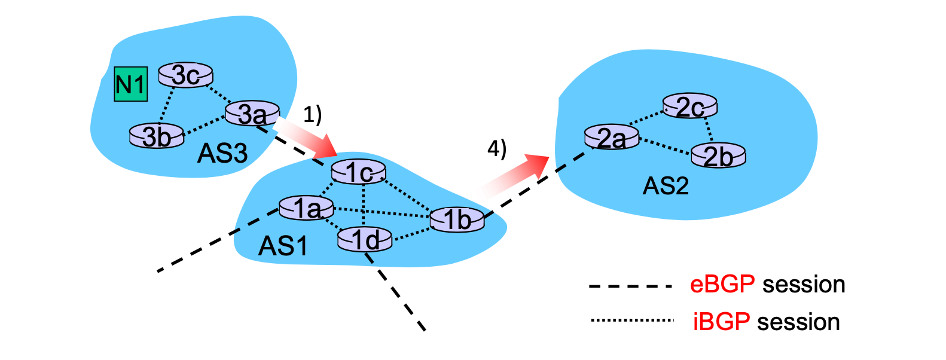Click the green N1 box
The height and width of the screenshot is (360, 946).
[x=130, y=84]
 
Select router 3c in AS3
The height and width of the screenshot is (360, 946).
[x=185, y=75]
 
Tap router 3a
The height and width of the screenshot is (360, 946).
[x=252, y=114]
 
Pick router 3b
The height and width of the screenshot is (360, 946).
[x=157, y=136]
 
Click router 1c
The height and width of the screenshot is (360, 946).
[x=359, y=172]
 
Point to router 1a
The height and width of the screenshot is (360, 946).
[x=306, y=208]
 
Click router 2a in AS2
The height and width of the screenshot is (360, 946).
[x=611, y=138]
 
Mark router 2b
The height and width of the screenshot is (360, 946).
[x=718, y=156]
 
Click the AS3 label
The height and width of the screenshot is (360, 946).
[x=222, y=154]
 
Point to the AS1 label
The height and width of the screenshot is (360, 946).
[x=283, y=246]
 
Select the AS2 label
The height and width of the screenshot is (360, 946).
[x=666, y=186]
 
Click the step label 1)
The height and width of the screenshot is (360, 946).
[x=312, y=114]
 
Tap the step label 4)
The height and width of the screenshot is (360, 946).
[x=496, y=148]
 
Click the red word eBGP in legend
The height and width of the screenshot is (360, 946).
[x=722, y=284]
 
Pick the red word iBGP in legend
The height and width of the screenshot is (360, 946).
[x=721, y=322]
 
